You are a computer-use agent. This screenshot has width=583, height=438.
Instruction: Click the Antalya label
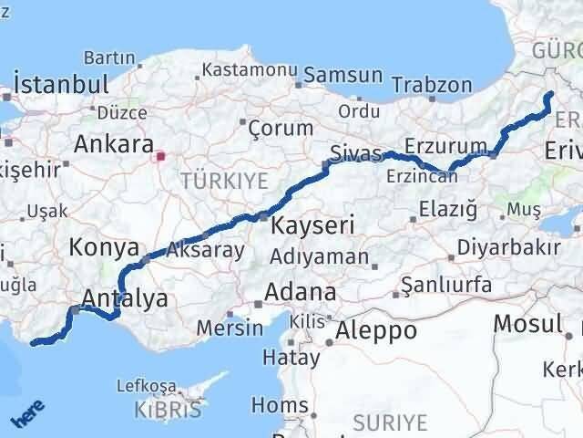(125, 298)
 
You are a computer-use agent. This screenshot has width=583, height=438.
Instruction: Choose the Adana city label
(300, 294)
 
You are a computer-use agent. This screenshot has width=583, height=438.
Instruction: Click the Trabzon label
(433, 85)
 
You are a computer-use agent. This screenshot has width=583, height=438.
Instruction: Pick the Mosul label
(528, 323)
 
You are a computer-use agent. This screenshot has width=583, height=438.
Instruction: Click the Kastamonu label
(250, 69)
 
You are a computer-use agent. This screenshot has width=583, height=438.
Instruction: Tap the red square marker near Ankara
(162, 156)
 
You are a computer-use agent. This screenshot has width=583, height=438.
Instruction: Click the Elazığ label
(447, 210)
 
